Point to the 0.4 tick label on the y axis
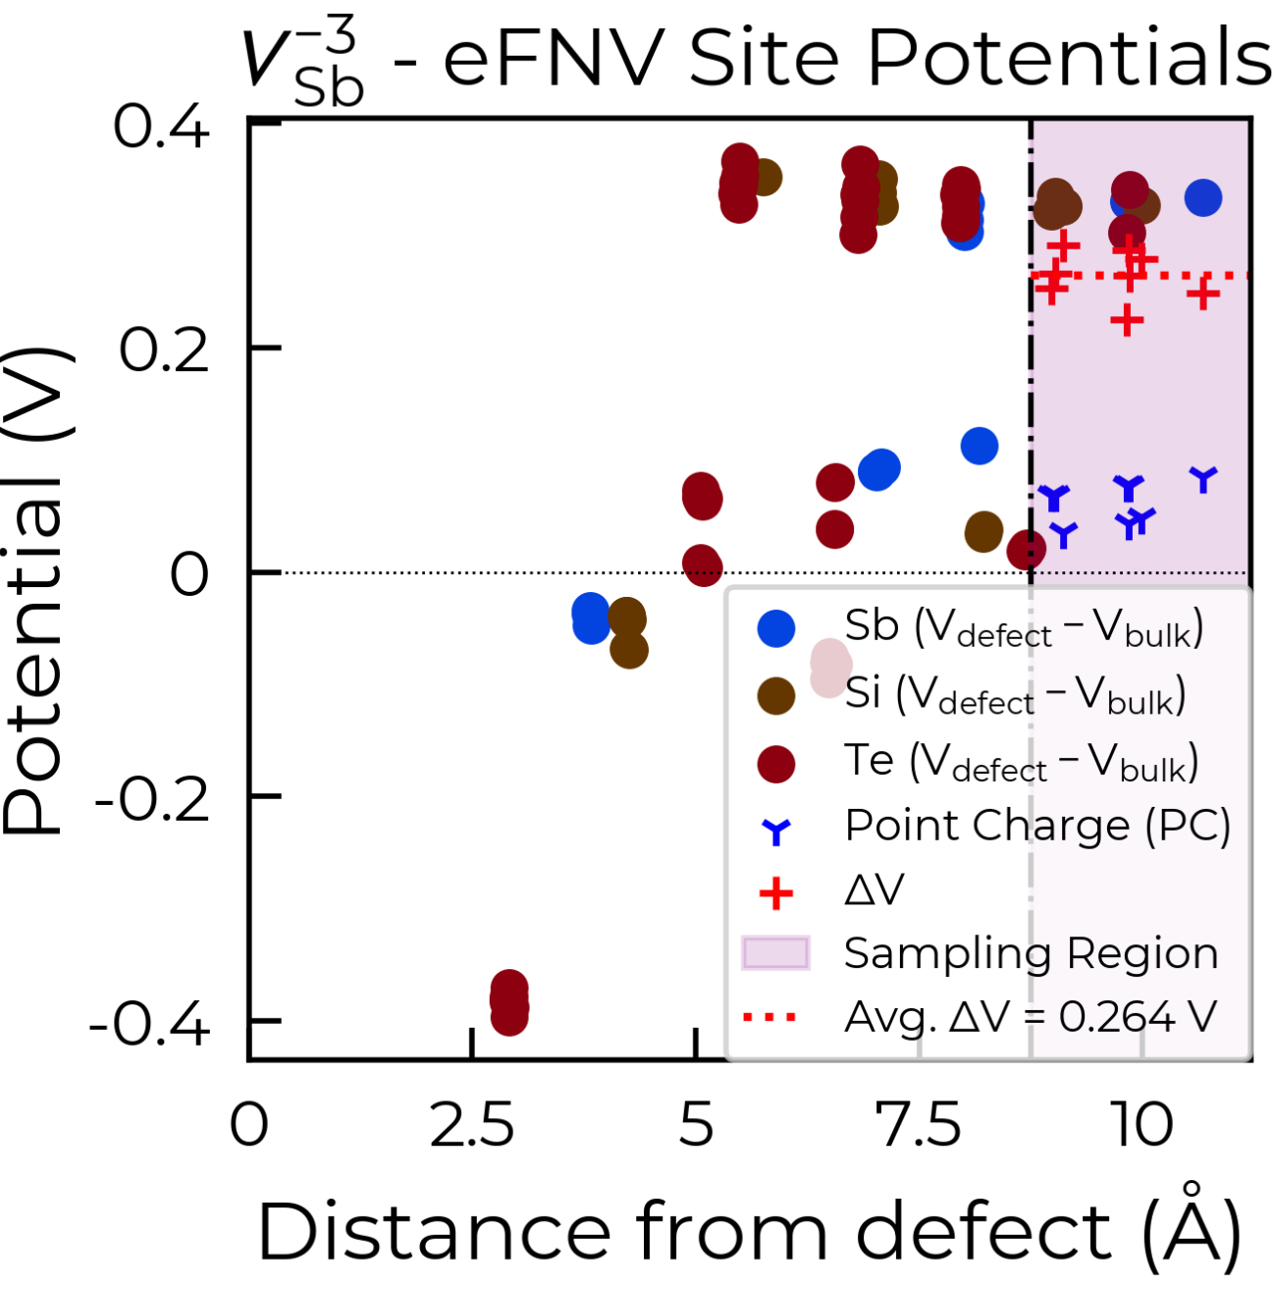[161, 127]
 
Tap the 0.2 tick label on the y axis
[164, 350]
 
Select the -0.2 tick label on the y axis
[152, 799]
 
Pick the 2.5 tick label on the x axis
[471, 1126]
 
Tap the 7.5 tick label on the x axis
[919, 1126]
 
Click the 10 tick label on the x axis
[1141, 1126]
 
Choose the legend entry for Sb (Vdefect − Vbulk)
[981, 628]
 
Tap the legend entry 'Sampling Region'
[981, 954]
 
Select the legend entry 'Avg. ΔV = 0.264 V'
[981, 1018]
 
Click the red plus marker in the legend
[775, 893]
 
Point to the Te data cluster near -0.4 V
[509, 1002]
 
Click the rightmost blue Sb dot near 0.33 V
[1203, 198]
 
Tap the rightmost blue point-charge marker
[1203, 479]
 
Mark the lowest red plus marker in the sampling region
[1128, 320]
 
